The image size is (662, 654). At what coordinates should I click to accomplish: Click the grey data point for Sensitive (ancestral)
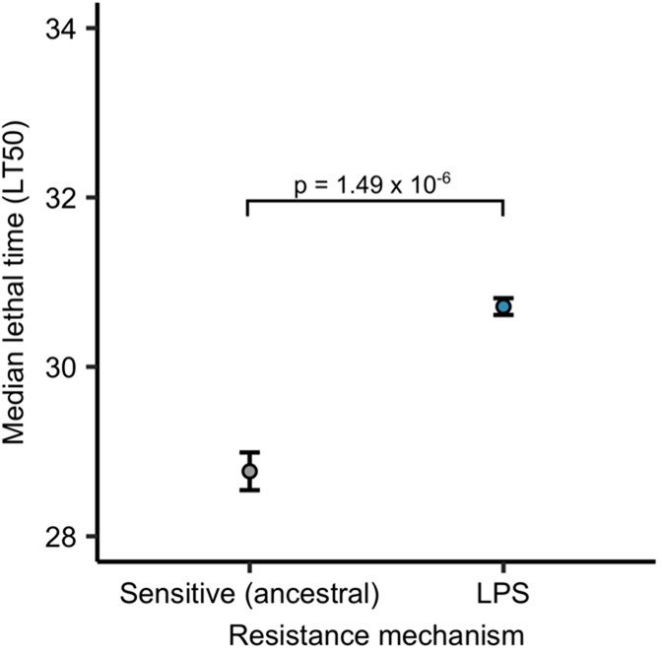[249, 471]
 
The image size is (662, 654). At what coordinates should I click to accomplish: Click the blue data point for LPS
[503, 306]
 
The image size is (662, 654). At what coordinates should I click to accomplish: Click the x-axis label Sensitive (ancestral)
[249, 594]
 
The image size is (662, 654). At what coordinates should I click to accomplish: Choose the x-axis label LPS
[503, 594]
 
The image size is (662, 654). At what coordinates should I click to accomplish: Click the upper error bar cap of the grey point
[249, 452]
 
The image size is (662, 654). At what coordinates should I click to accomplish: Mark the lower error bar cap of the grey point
[249, 490]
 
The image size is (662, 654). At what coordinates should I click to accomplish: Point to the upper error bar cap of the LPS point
[503, 297]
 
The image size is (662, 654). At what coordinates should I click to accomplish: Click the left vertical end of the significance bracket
[247, 208]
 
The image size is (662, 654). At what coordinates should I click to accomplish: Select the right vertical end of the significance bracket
[503, 208]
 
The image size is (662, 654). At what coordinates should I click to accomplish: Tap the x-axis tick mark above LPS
[503, 568]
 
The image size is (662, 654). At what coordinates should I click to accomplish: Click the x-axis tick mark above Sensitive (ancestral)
[249, 568]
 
